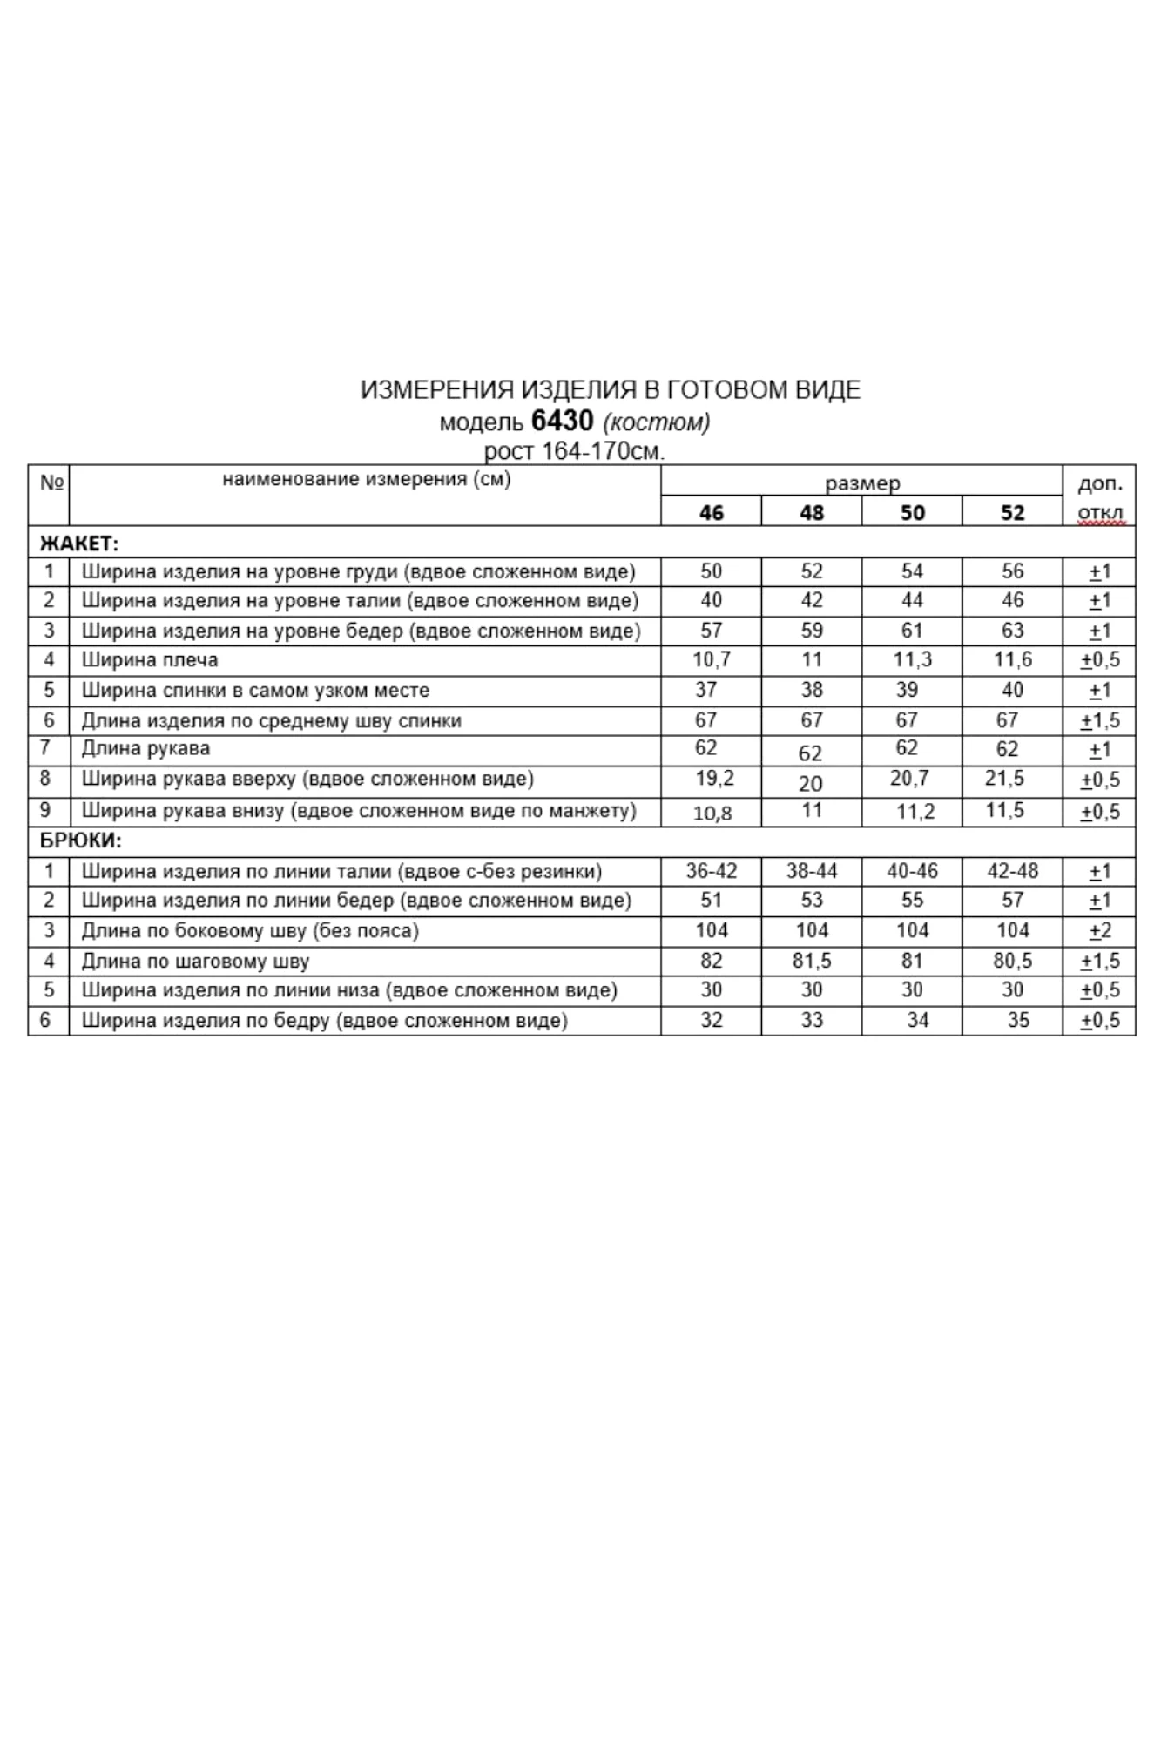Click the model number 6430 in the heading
[x=562, y=422]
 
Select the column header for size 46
[x=711, y=512]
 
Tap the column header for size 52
[x=1012, y=512]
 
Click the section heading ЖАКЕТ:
[x=78, y=544]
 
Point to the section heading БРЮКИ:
[x=81, y=841]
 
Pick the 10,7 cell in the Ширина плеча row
[x=711, y=659]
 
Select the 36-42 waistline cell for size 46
[x=711, y=871]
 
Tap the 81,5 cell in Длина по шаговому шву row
[x=811, y=961]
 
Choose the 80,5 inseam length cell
[x=1012, y=961]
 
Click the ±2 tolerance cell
[x=1100, y=931]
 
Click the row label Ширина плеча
[x=150, y=660]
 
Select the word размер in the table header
[x=862, y=483]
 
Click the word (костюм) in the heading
[x=656, y=422]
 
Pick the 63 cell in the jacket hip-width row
[x=1012, y=630]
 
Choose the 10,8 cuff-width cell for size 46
[x=712, y=814]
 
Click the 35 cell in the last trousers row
[x=1018, y=1020]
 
